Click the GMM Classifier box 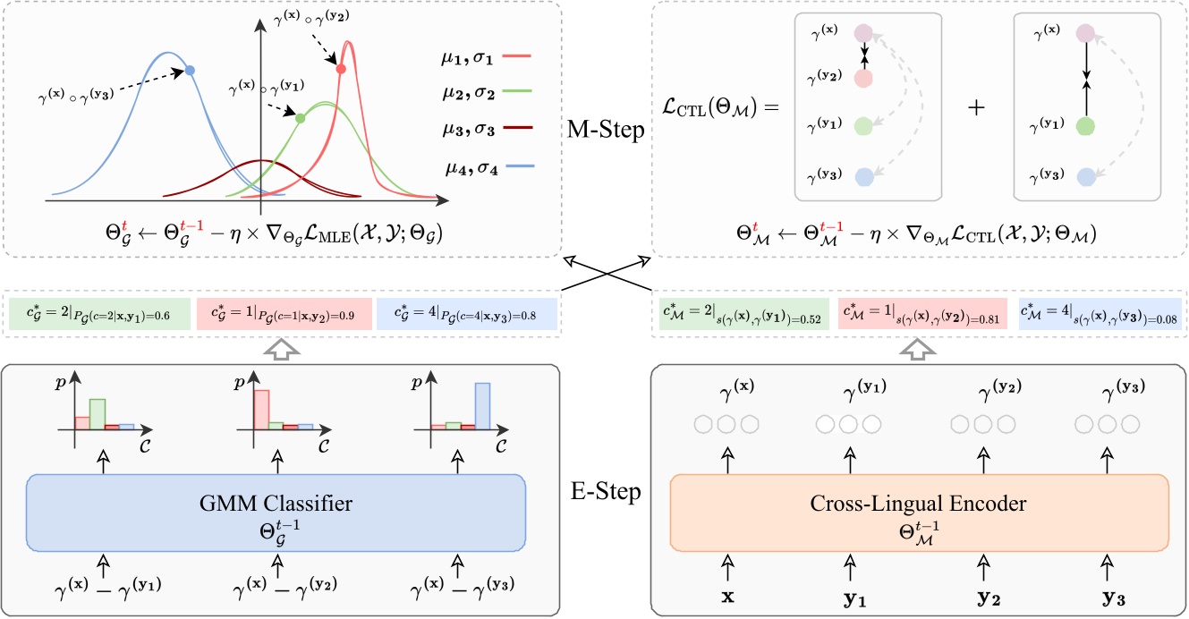pos(275,513)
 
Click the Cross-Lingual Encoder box pos(919,513)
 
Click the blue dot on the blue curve pos(190,69)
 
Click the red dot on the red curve pos(340,69)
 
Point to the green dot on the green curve pos(301,118)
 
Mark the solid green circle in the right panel pos(1085,127)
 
